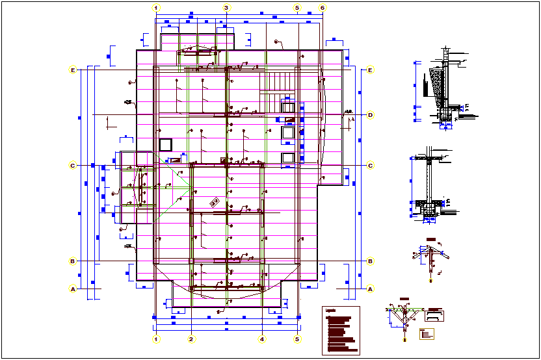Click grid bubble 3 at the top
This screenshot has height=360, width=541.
point(226,8)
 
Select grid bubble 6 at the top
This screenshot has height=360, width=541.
point(323,8)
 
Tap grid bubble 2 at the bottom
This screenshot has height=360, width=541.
point(191,339)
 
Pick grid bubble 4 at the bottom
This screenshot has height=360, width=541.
point(262,339)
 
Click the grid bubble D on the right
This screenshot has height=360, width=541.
point(370,115)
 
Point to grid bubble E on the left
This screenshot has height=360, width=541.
point(73,70)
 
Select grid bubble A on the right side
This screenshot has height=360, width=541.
point(370,289)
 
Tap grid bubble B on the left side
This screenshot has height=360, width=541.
point(73,261)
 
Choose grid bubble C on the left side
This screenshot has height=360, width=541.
point(73,166)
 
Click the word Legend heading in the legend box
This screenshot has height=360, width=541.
point(330,311)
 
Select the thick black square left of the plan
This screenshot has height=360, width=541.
point(165,144)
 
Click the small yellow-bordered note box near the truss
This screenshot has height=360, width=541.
point(426,334)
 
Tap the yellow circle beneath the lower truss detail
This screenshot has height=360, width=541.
point(405,340)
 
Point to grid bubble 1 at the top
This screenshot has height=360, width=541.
point(155,8)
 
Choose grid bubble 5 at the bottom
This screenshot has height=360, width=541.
point(297,339)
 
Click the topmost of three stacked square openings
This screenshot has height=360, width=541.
point(288,107)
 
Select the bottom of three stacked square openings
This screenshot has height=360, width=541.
point(288,158)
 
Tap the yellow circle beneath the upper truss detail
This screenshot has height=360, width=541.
point(431,280)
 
